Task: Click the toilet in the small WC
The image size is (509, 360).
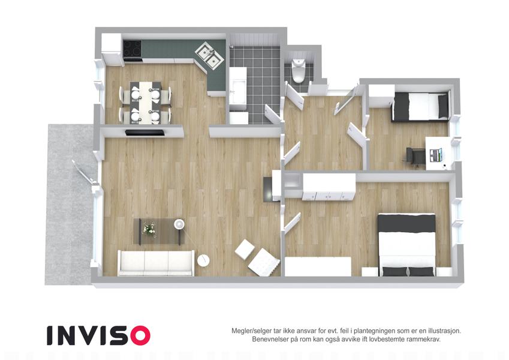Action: click(298, 69)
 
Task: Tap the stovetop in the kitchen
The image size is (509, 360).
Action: click(132, 50)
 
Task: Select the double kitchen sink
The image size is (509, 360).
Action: click(209, 55)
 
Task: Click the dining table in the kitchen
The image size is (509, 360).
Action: click(146, 102)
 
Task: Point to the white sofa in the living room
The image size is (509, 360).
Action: click(156, 263)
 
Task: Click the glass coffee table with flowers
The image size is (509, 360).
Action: click(159, 231)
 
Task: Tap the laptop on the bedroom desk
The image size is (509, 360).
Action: click(436, 155)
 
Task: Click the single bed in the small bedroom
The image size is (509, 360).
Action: click(421, 107)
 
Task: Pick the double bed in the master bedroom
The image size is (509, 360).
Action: click(406, 245)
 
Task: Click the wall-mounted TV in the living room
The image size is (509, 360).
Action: click(144, 132)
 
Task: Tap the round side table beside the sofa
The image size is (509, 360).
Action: click(203, 260)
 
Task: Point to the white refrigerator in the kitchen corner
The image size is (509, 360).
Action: click(112, 49)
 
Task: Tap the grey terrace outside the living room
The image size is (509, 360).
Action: click(69, 205)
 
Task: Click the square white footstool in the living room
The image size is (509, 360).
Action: click(245, 250)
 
